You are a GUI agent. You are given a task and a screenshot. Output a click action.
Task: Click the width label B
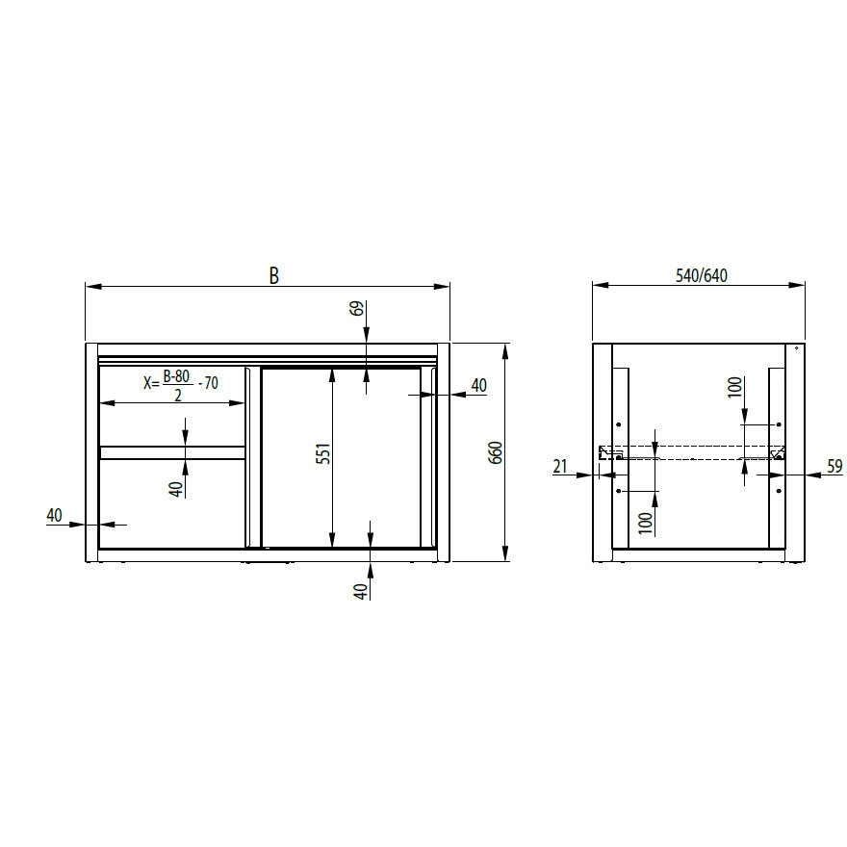274,275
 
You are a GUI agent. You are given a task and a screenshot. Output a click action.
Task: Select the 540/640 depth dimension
702,275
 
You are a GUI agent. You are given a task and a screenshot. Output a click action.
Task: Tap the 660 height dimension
496,452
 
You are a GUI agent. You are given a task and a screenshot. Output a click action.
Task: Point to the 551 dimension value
323,454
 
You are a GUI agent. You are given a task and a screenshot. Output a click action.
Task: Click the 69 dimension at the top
357,308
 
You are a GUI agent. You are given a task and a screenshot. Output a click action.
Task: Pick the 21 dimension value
560,465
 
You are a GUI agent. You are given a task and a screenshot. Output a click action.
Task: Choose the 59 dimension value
834,466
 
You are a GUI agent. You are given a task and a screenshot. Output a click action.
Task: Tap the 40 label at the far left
55,515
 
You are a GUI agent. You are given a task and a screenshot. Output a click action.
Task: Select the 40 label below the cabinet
361,591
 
